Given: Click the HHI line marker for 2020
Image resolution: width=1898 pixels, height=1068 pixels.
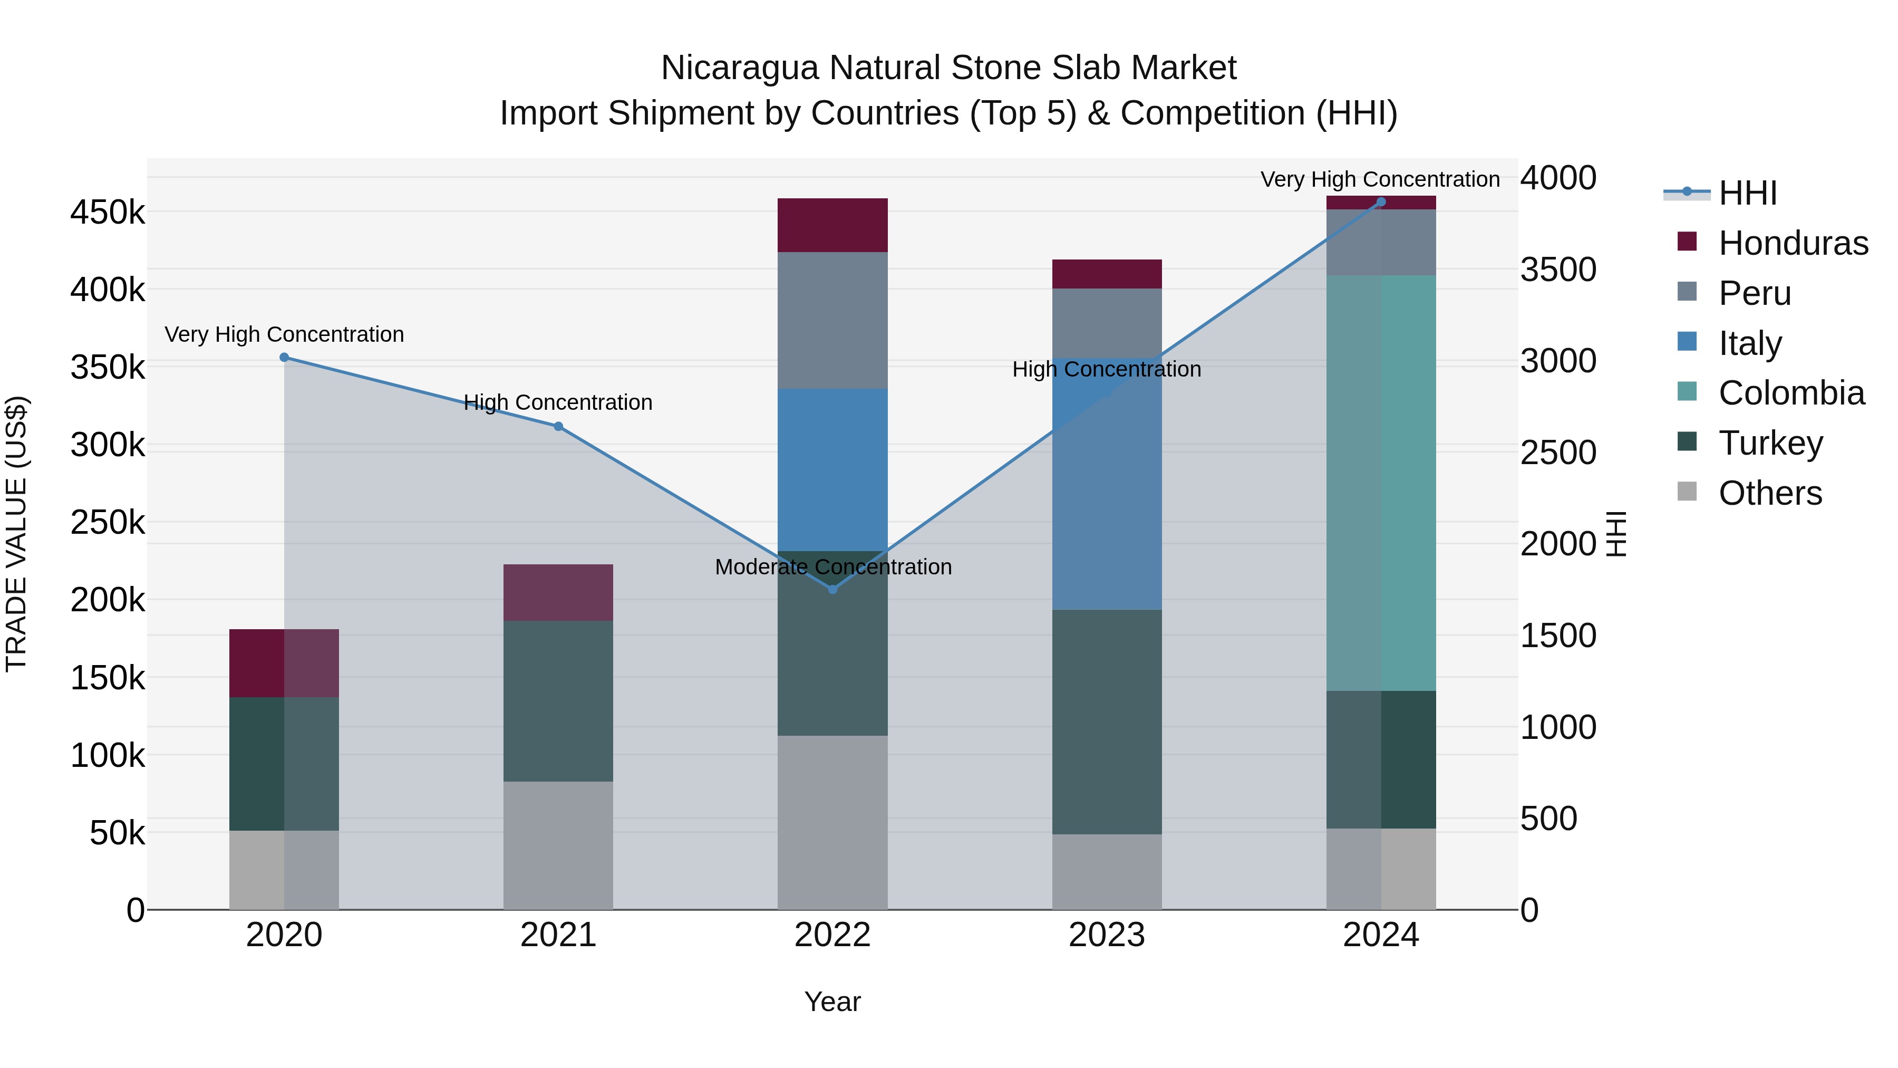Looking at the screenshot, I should [284, 358].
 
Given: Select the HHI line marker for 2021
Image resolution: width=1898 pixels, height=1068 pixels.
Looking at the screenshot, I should [558, 427].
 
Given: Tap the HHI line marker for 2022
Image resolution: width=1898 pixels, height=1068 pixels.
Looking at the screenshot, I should [832, 590].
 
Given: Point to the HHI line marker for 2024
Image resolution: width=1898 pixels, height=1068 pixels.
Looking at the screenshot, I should [1381, 202].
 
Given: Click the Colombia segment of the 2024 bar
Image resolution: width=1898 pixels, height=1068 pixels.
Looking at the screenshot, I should [1381, 483].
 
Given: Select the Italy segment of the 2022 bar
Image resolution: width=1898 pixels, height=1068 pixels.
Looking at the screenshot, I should [832, 469].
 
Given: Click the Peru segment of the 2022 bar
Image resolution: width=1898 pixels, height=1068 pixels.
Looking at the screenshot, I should [832, 321].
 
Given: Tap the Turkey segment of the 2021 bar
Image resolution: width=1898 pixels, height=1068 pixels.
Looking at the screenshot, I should [558, 701].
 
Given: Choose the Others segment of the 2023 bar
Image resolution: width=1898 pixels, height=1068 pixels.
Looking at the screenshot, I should [1107, 872].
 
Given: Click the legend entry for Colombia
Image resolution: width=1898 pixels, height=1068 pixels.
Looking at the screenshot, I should [1790, 393].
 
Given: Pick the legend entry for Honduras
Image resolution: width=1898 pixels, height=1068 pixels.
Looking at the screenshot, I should [1792, 243].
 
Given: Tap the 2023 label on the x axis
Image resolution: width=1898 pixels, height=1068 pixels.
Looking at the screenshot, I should [1107, 935].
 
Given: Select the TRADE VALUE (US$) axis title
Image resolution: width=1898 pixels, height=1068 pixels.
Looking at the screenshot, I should [16, 534].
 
